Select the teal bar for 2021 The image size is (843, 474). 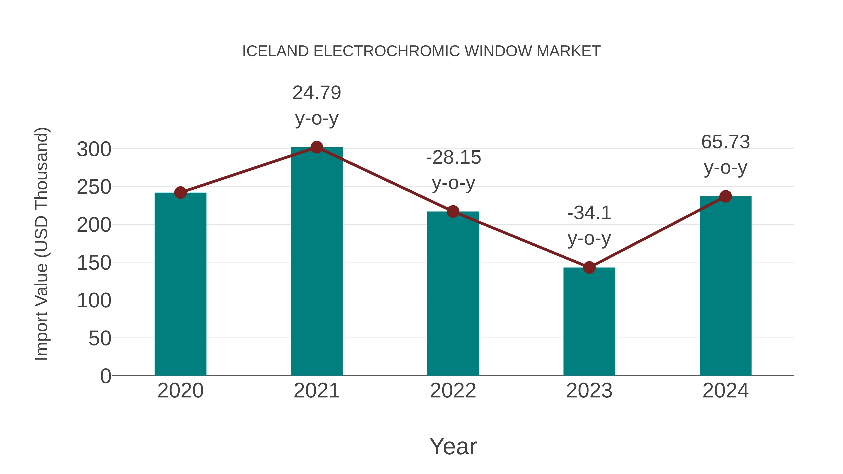[x=316, y=262]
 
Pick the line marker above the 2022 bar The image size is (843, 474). [x=453, y=212]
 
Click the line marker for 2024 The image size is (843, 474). [x=725, y=196]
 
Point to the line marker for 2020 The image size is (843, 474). [x=180, y=193]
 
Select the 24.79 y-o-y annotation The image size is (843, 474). [x=316, y=105]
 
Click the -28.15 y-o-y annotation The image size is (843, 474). [x=453, y=170]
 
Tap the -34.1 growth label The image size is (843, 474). [x=589, y=225]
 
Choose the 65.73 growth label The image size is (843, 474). [x=725, y=154]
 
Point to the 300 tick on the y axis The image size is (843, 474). [x=94, y=150]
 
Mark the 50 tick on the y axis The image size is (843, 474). [x=100, y=338]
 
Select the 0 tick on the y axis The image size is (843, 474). [x=106, y=376]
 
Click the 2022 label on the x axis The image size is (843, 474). [x=453, y=391]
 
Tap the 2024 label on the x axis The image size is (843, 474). [x=725, y=391]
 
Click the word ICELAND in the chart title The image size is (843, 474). [x=275, y=51]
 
